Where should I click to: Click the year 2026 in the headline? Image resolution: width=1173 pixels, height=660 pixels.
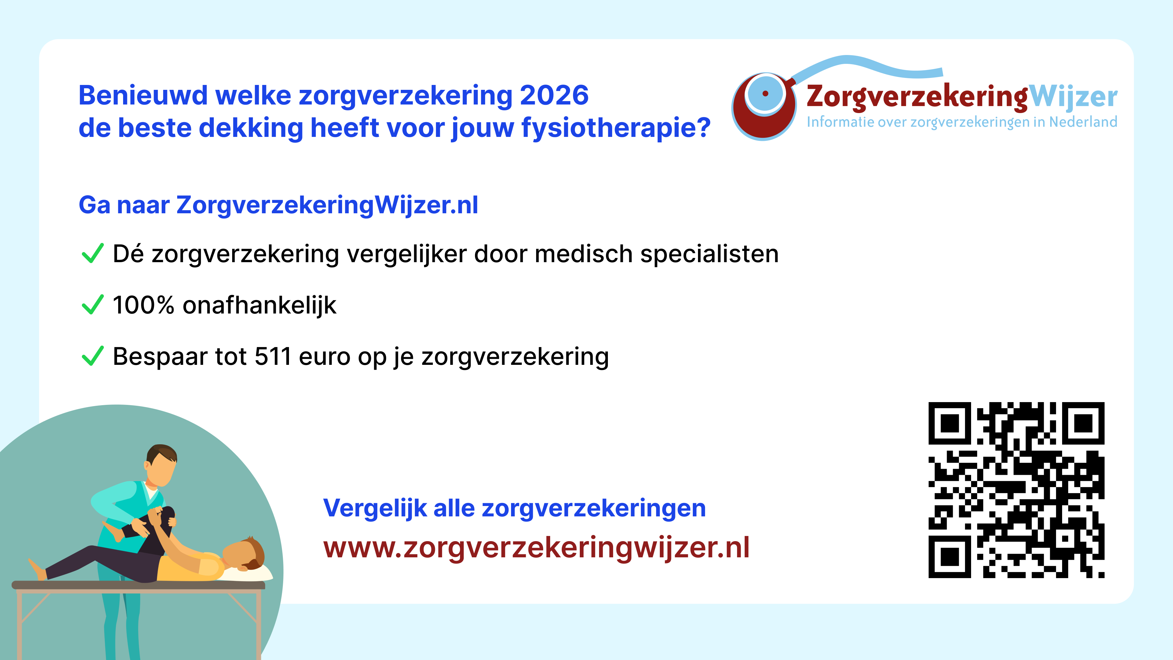pyautogui.click(x=554, y=95)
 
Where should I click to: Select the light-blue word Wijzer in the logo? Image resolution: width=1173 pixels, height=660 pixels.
pyautogui.click(x=1073, y=97)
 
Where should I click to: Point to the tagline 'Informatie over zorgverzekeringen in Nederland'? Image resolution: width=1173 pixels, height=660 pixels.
pyautogui.click(x=962, y=122)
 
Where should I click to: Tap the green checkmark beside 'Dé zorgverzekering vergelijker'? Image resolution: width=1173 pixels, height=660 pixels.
pyautogui.click(x=93, y=253)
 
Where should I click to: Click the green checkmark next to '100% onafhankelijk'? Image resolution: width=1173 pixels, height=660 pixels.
pyautogui.click(x=93, y=304)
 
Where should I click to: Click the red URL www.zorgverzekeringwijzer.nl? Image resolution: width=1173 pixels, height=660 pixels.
pyautogui.click(x=536, y=548)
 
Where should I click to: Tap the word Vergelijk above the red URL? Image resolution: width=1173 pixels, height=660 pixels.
pyautogui.click(x=375, y=508)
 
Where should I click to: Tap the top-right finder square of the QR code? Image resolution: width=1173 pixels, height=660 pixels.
pyautogui.click(x=1083, y=423)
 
